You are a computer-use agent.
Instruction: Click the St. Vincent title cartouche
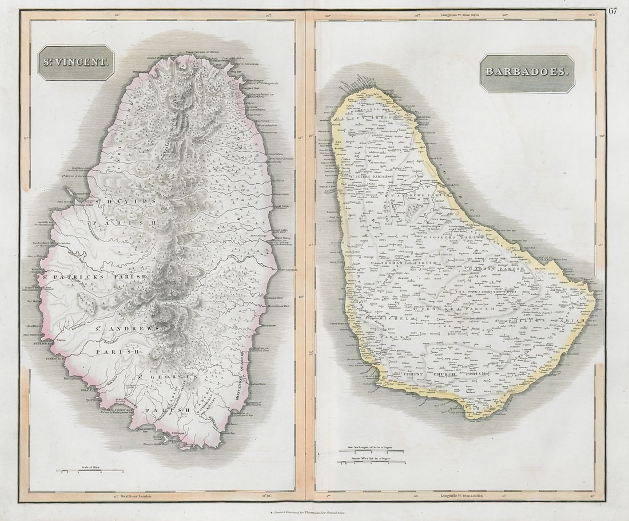click(76, 62)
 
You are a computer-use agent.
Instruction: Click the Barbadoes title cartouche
click(527, 73)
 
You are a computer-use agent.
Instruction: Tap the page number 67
click(614, 10)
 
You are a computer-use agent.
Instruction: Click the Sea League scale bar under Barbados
click(372, 451)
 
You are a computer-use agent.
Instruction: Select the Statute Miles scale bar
click(372, 462)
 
